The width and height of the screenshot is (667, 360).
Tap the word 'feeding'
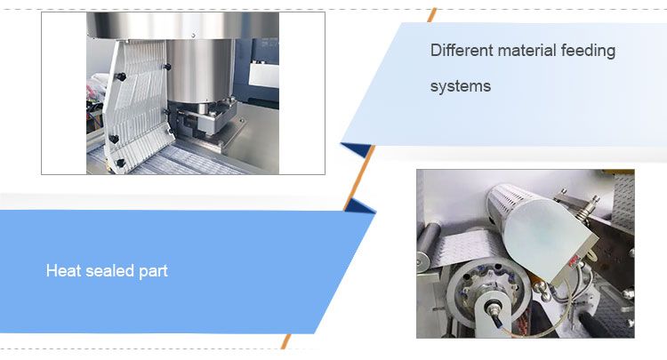click(588, 51)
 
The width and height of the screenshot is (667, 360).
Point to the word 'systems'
click(461, 87)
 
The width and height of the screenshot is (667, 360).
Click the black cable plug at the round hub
click(489, 311)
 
